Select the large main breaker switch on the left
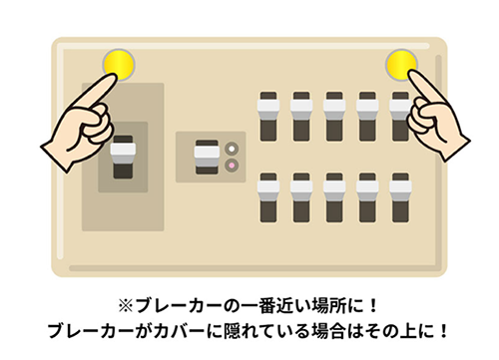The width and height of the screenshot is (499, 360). [122, 157]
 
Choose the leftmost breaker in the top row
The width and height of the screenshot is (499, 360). [267, 119]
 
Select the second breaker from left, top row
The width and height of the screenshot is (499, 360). [300, 119]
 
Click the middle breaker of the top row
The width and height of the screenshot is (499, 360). [333, 119]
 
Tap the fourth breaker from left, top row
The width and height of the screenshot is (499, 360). [366, 119]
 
